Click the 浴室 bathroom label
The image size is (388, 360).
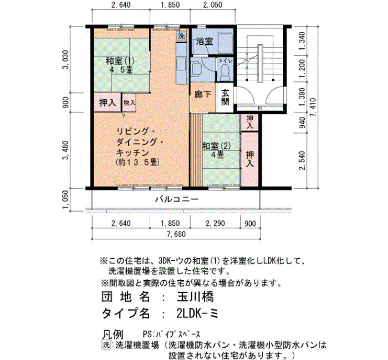pyautogui.click(x=205, y=42)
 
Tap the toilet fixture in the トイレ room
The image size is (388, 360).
pyautogui.click(x=224, y=73)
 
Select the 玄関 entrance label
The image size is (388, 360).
pyautogui.click(x=225, y=97)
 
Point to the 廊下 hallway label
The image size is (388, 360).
pyautogui.click(x=202, y=95)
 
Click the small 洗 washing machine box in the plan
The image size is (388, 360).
pyautogui.click(x=181, y=36)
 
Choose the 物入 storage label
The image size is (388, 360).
pyautogui.click(x=129, y=102)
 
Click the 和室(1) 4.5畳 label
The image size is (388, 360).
pyautogui.click(x=120, y=65)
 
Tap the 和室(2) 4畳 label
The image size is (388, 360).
pyautogui.click(x=217, y=150)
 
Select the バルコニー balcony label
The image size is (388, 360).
pyautogui.click(x=177, y=199)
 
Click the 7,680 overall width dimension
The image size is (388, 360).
pyautogui.click(x=176, y=234)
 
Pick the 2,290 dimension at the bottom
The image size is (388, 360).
pyautogui.click(x=215, y=224)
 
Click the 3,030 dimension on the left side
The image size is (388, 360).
pyautogui.click(x=65, y=60)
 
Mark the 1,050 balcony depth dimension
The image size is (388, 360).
pyautogui.click(x=65, y=199)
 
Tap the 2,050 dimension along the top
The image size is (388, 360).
pyautogui.click(x=212, y=4)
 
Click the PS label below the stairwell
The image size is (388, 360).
pyautogui.click(x=260, y=109)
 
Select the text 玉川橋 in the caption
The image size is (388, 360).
pyautogui.click(x=195, y=297)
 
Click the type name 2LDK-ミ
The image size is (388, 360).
pyautogui.click(x=197, y=313)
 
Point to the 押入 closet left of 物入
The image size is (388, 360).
pyautogui.click(x=108, y=102)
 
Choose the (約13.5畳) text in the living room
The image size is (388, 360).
pyautogui.click(x=137, y=162)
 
